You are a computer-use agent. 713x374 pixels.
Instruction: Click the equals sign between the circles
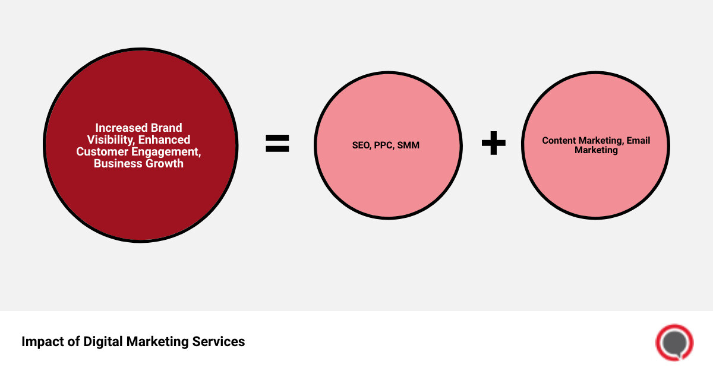coord(277,144)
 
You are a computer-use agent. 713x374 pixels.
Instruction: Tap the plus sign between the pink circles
coord(493,144)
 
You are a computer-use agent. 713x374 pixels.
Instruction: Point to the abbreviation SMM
coord(409,145)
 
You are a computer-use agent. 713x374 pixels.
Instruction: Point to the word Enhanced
coord(165,140)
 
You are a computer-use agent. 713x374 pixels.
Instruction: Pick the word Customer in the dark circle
coord(102,151)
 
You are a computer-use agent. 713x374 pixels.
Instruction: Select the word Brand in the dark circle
coord(166,128)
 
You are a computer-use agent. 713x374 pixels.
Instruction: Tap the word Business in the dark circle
coord(116,163)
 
